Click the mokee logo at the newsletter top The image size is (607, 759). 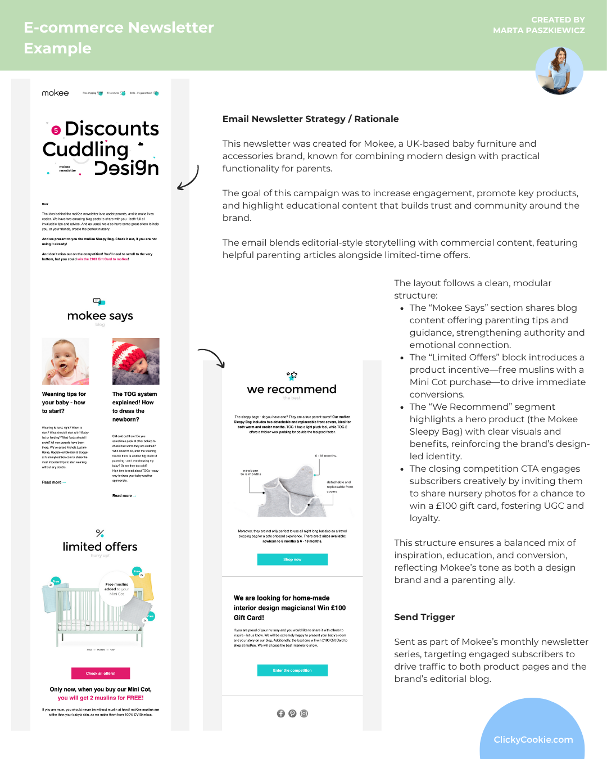(55, 93)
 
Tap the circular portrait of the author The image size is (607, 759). (559, 70)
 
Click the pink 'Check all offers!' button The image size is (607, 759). (101, 673)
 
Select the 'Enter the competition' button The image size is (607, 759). (292, 670)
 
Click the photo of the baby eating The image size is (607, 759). (65, 362)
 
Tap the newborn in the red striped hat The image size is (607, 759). (135, 362)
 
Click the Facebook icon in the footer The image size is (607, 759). (281, 713)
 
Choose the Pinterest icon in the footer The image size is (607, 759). (292, 713)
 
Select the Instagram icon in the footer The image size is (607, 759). (304, 713)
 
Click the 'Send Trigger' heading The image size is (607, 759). (424, 617)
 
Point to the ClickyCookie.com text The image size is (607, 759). (533, 739)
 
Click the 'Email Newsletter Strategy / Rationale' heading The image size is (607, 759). (310, 119)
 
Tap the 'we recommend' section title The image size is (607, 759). (292, 389)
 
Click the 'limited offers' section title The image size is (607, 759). (100, 546)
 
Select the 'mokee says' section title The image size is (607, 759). (100, 316)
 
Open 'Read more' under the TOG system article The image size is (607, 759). (124, 496)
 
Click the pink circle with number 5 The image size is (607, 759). (56, 130)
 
